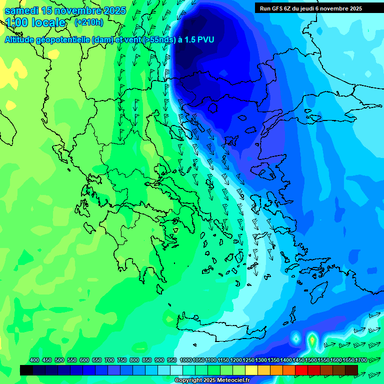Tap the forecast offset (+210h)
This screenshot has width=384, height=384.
(88, 22)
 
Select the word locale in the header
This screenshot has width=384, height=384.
(48, 22)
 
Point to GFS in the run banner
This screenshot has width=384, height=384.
(278, 8)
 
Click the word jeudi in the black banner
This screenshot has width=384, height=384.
(313, 8)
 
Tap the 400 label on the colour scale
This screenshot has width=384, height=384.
(34, 360)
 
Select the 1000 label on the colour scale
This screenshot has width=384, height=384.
(185, 360)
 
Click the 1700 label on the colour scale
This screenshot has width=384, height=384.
(361, 360)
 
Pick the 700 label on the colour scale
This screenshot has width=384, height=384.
(109, 360)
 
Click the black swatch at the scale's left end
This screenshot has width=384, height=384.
(26, 370)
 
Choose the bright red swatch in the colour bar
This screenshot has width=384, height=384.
(301, 370)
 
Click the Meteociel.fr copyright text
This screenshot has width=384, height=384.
(212, 380)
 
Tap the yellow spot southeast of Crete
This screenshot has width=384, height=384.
(312, 340)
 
